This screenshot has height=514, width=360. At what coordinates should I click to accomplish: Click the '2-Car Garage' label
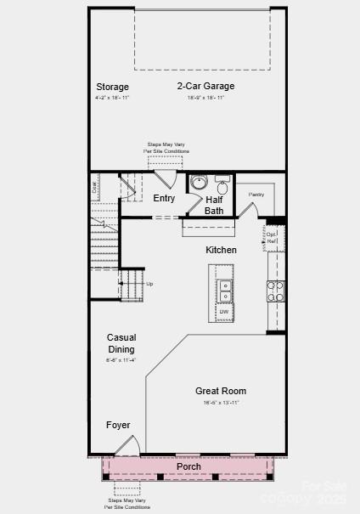pyautogui.click(x=205, y=86)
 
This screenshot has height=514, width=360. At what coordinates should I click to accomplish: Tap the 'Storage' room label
pyautogui.click(x=112, y=87)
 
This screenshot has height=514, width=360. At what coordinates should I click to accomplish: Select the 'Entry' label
pyautogui.click(x=164, y=198)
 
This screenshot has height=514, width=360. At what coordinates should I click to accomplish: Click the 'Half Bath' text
pyautogui.click(x=214, y=205)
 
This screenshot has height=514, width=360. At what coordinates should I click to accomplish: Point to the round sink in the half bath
pyautogui.click(x=200, y=182)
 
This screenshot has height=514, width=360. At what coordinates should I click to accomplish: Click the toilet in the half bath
pyautogui.click(x=222, y=185)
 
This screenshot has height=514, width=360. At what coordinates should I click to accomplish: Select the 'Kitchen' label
pyautogui.click(x=221, y=250)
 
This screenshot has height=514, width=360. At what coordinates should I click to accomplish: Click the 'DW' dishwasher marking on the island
pyautogui.click(x=224, y=313)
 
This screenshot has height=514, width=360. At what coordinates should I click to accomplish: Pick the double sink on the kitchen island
pyautogui.click(x=224, y=291)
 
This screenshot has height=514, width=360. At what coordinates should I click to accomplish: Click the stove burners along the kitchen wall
pyautogui.click(x=276, y=291)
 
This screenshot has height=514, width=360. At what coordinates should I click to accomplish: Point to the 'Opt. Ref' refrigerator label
pyautogui.click(x=273, y=237)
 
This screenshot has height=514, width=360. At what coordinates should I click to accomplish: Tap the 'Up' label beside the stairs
pyautogui.click(x=150, y=283)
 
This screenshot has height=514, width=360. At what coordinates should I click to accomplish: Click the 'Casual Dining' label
pyautogui.click(x=121, y=343)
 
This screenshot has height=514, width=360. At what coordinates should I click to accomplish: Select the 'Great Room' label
pyautogui.click(x=221, y=391)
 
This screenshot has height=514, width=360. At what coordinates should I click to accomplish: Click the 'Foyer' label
pyautogui.click(x=118, y=424)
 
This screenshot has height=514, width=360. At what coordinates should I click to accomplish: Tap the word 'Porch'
pyautogui.click(x=188, y=467)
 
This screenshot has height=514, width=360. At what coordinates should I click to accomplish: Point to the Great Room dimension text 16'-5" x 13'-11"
pyautogui.click(x=221, y=402)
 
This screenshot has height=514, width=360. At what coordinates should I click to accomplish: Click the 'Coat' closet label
pyautogui.click(x=94, y=186)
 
